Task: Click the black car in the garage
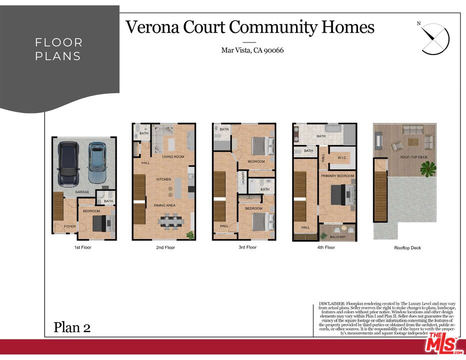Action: pyautogui.click(x=68, y=163)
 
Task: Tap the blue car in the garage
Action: pyautogui.click(x=97, y=162)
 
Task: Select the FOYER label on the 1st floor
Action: pyautogui.click(x=69, y=226)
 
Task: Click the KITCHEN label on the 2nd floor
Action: pyautogui.click(x=163, y=179)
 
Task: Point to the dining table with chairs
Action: pyautogui.click(x=171, y=220)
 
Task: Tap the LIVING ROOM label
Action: pyautogui.click(x=173, y=156)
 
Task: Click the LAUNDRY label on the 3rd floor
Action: pyautogui.click(x=243, y=178)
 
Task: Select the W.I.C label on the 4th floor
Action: pyautogui.click(x=342, y=158)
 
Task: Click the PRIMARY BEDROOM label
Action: pyautogui.click(x=337, y=176)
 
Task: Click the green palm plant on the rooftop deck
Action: pyautogui.click(x=428, y=169)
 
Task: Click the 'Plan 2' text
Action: pyautogui.click(x=72, y=327)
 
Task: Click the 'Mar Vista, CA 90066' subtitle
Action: pyautogui.click(x=252, y=50)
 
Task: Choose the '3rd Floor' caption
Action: pyautogui.click(x=247, y=247)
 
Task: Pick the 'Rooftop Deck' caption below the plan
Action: pyautogui.click(x=407, y=248)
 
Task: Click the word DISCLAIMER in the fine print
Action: pyautogui.click(x=332, y=303)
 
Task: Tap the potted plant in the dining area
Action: pyautogui.click(x=189, y=234)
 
